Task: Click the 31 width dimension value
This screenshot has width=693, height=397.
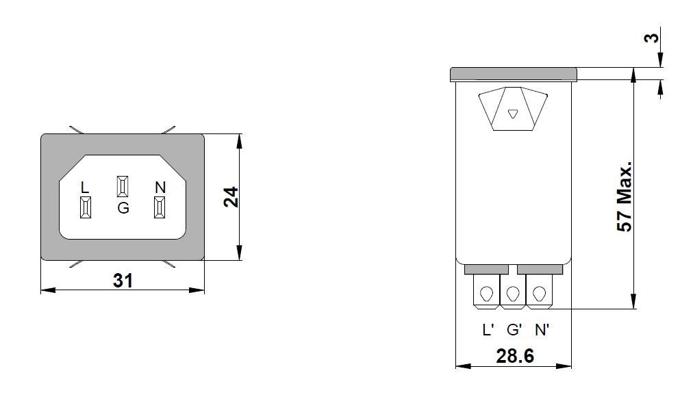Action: tap(123, 280)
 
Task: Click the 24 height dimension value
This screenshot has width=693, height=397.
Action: tap(231, 198)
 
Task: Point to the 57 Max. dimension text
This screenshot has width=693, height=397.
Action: tap(624, 197)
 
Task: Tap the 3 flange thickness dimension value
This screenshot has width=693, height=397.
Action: tap(655, 38)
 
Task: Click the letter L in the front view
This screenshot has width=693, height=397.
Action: tap(85, 187)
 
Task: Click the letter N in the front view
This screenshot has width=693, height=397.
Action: tap(160, 187)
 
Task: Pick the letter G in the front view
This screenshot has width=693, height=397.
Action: tap(123, 208)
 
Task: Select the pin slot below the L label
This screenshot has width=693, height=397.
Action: tap(86, 208)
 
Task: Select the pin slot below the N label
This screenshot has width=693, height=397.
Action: tap(160, 208)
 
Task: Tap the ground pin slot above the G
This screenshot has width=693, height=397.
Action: tap(123, 186)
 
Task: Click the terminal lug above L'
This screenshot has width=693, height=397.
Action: tap(487, 294)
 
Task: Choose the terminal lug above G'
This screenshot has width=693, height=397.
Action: tap(513, 294)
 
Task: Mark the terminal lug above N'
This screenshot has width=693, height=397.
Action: tap(539, 294)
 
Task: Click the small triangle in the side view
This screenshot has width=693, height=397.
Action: tap(514, 114)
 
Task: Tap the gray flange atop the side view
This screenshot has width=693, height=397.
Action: tap(514, 74)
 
